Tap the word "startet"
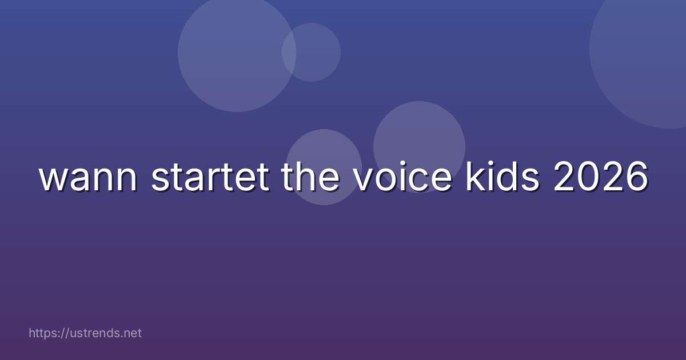[210, 178]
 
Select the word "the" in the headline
[313, 178]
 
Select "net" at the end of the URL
[132, 333]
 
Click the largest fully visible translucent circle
[237, 53]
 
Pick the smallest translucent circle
[312, 52]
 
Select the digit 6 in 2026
[636, 178]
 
